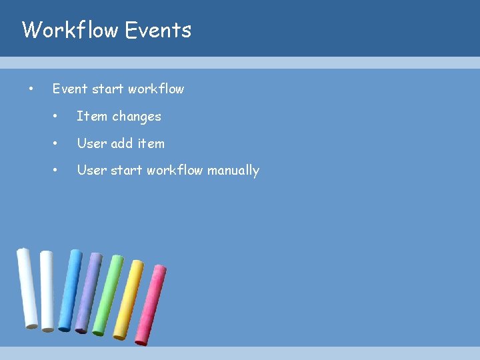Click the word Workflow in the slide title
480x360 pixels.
tap(70, 30)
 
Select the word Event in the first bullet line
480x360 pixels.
tap(70, 89)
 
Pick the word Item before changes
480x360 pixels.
tap(91, 116)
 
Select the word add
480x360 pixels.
tap(122, 143)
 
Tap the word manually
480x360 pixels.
tap(233, 171)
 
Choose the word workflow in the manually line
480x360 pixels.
tap(175, 171)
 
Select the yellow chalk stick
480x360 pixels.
tap(128, 299)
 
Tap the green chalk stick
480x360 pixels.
tap(107, 294)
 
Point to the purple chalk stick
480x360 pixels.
tap(89, 291)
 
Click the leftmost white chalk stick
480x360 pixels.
tap(27, 288)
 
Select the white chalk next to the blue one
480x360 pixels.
tap(47, 290)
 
